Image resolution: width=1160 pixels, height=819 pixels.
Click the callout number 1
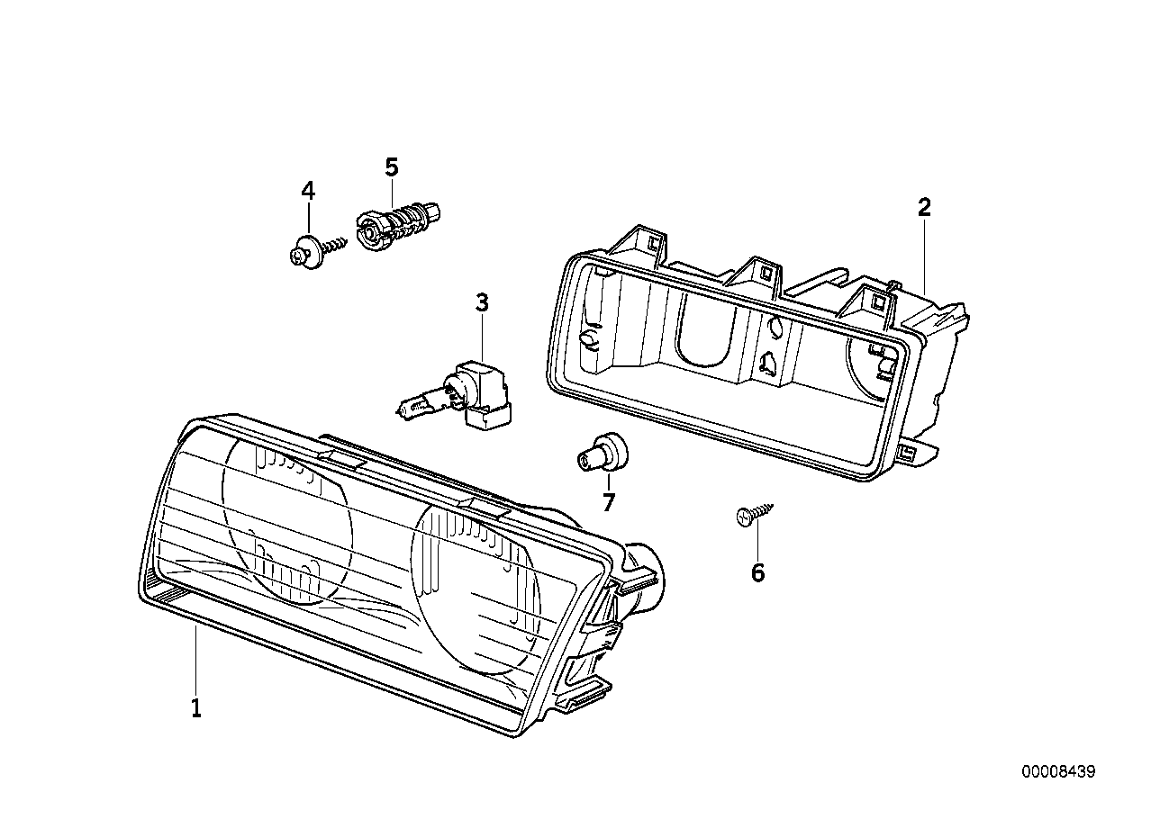[195, 708]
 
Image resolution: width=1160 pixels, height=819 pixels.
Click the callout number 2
[923, 208]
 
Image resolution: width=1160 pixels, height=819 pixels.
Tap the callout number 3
[482, 302]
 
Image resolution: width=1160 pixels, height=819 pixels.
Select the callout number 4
[308, 190]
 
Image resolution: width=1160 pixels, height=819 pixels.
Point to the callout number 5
[391, 166]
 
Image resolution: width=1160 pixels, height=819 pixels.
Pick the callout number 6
[757, 572]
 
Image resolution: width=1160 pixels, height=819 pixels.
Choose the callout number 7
[608, 502]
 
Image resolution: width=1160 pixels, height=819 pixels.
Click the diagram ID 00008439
[1058, 772]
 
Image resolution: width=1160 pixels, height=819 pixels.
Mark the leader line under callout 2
[925, 252]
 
